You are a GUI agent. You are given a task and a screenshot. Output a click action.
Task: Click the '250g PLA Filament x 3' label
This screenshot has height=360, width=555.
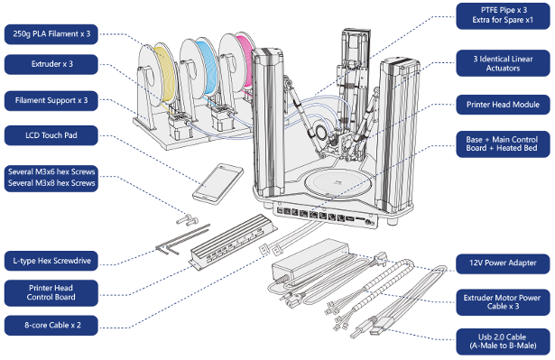[51, 34]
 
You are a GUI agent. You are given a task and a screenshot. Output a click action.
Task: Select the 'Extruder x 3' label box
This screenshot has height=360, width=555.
[51, 64]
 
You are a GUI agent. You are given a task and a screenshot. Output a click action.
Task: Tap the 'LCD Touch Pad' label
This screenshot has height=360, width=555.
[51, 135]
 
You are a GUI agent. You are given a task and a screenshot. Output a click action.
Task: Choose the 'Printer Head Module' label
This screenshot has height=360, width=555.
[503, 105]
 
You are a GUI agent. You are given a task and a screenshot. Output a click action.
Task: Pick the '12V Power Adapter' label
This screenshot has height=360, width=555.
[503, 263]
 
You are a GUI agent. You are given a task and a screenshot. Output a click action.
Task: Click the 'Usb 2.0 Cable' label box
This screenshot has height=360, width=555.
[503, 342]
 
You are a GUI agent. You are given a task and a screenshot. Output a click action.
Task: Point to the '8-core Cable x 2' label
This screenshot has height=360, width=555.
[51, 325]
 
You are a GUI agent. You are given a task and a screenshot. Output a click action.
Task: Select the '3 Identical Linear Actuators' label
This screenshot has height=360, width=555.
[503, 63]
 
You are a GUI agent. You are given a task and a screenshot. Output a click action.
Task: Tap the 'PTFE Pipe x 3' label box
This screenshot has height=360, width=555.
[503, 15]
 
